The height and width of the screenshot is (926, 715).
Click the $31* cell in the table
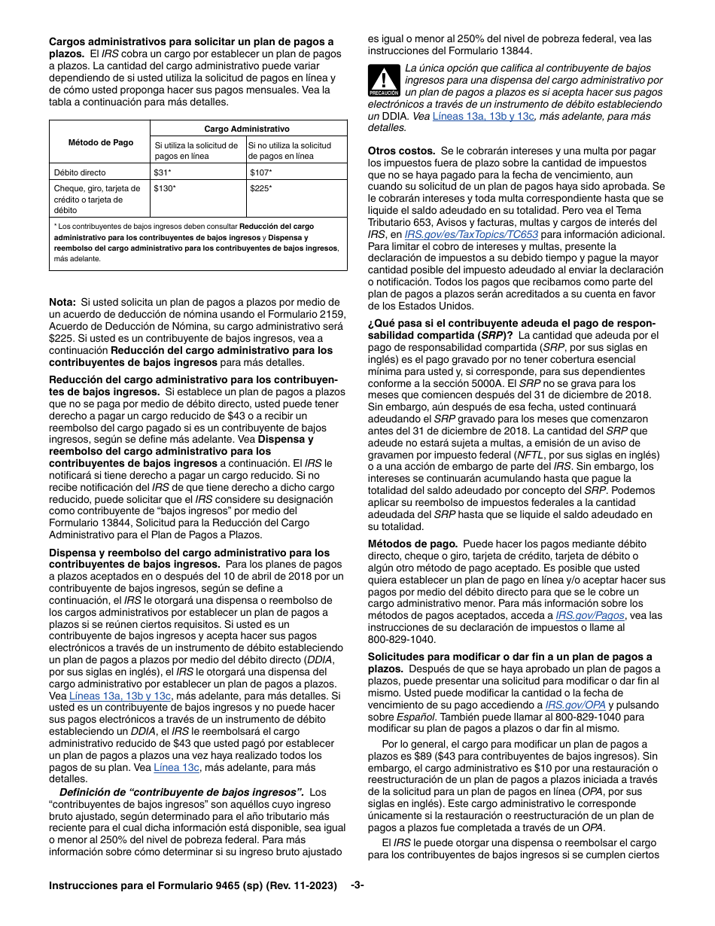click(x=161, y=172)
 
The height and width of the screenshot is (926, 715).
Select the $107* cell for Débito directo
click(x=260, y=172)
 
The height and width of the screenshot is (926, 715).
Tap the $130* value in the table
click(x=164, y=188)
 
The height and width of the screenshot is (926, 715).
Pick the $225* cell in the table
click(x=260, y=188)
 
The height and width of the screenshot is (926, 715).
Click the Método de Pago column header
click(x=100, y=142)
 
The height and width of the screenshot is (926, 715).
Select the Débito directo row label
click(x=80, y=172)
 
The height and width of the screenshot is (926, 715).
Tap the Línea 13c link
click(x=176, y=767)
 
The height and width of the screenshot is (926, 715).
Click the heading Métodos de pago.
click(x=412, y=544)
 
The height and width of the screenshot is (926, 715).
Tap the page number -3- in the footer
click(x=357, y=885)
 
